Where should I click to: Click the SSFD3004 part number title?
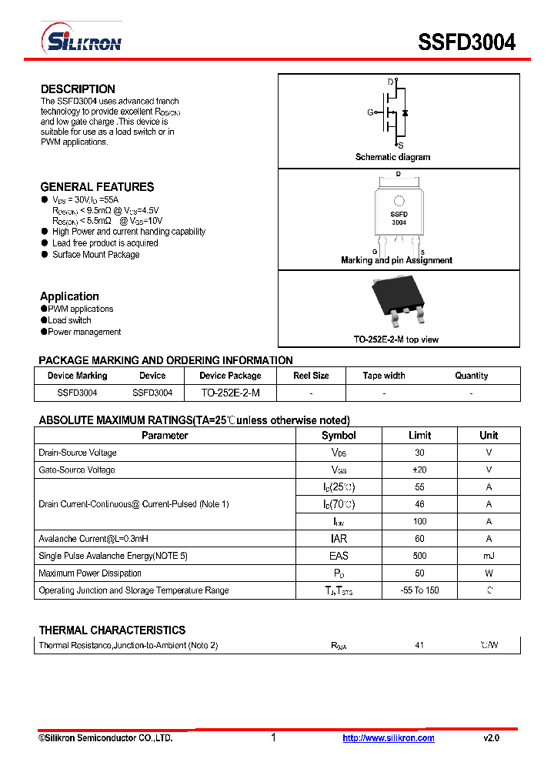point(466,42)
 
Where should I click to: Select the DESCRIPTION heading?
point(78,89)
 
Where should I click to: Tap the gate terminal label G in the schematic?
point(370,112)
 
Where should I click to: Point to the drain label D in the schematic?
point(390,82)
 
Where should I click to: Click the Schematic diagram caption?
point(392,157)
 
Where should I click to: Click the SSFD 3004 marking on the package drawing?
point(399,218)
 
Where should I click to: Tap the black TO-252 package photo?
point(399,301)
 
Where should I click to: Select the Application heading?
point(69,296)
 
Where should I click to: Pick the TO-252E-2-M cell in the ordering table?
point(230,393)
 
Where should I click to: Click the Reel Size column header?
point(311,376)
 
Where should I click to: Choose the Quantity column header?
point(471,376)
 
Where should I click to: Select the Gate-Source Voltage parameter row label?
point(77,470)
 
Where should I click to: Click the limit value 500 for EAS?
point(419,556)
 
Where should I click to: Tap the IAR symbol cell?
point(339,539)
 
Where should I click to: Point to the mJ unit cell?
point(489,556)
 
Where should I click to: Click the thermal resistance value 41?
point(419,645)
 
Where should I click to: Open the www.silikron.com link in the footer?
point(388,738)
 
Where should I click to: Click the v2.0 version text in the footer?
point(491,738)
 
